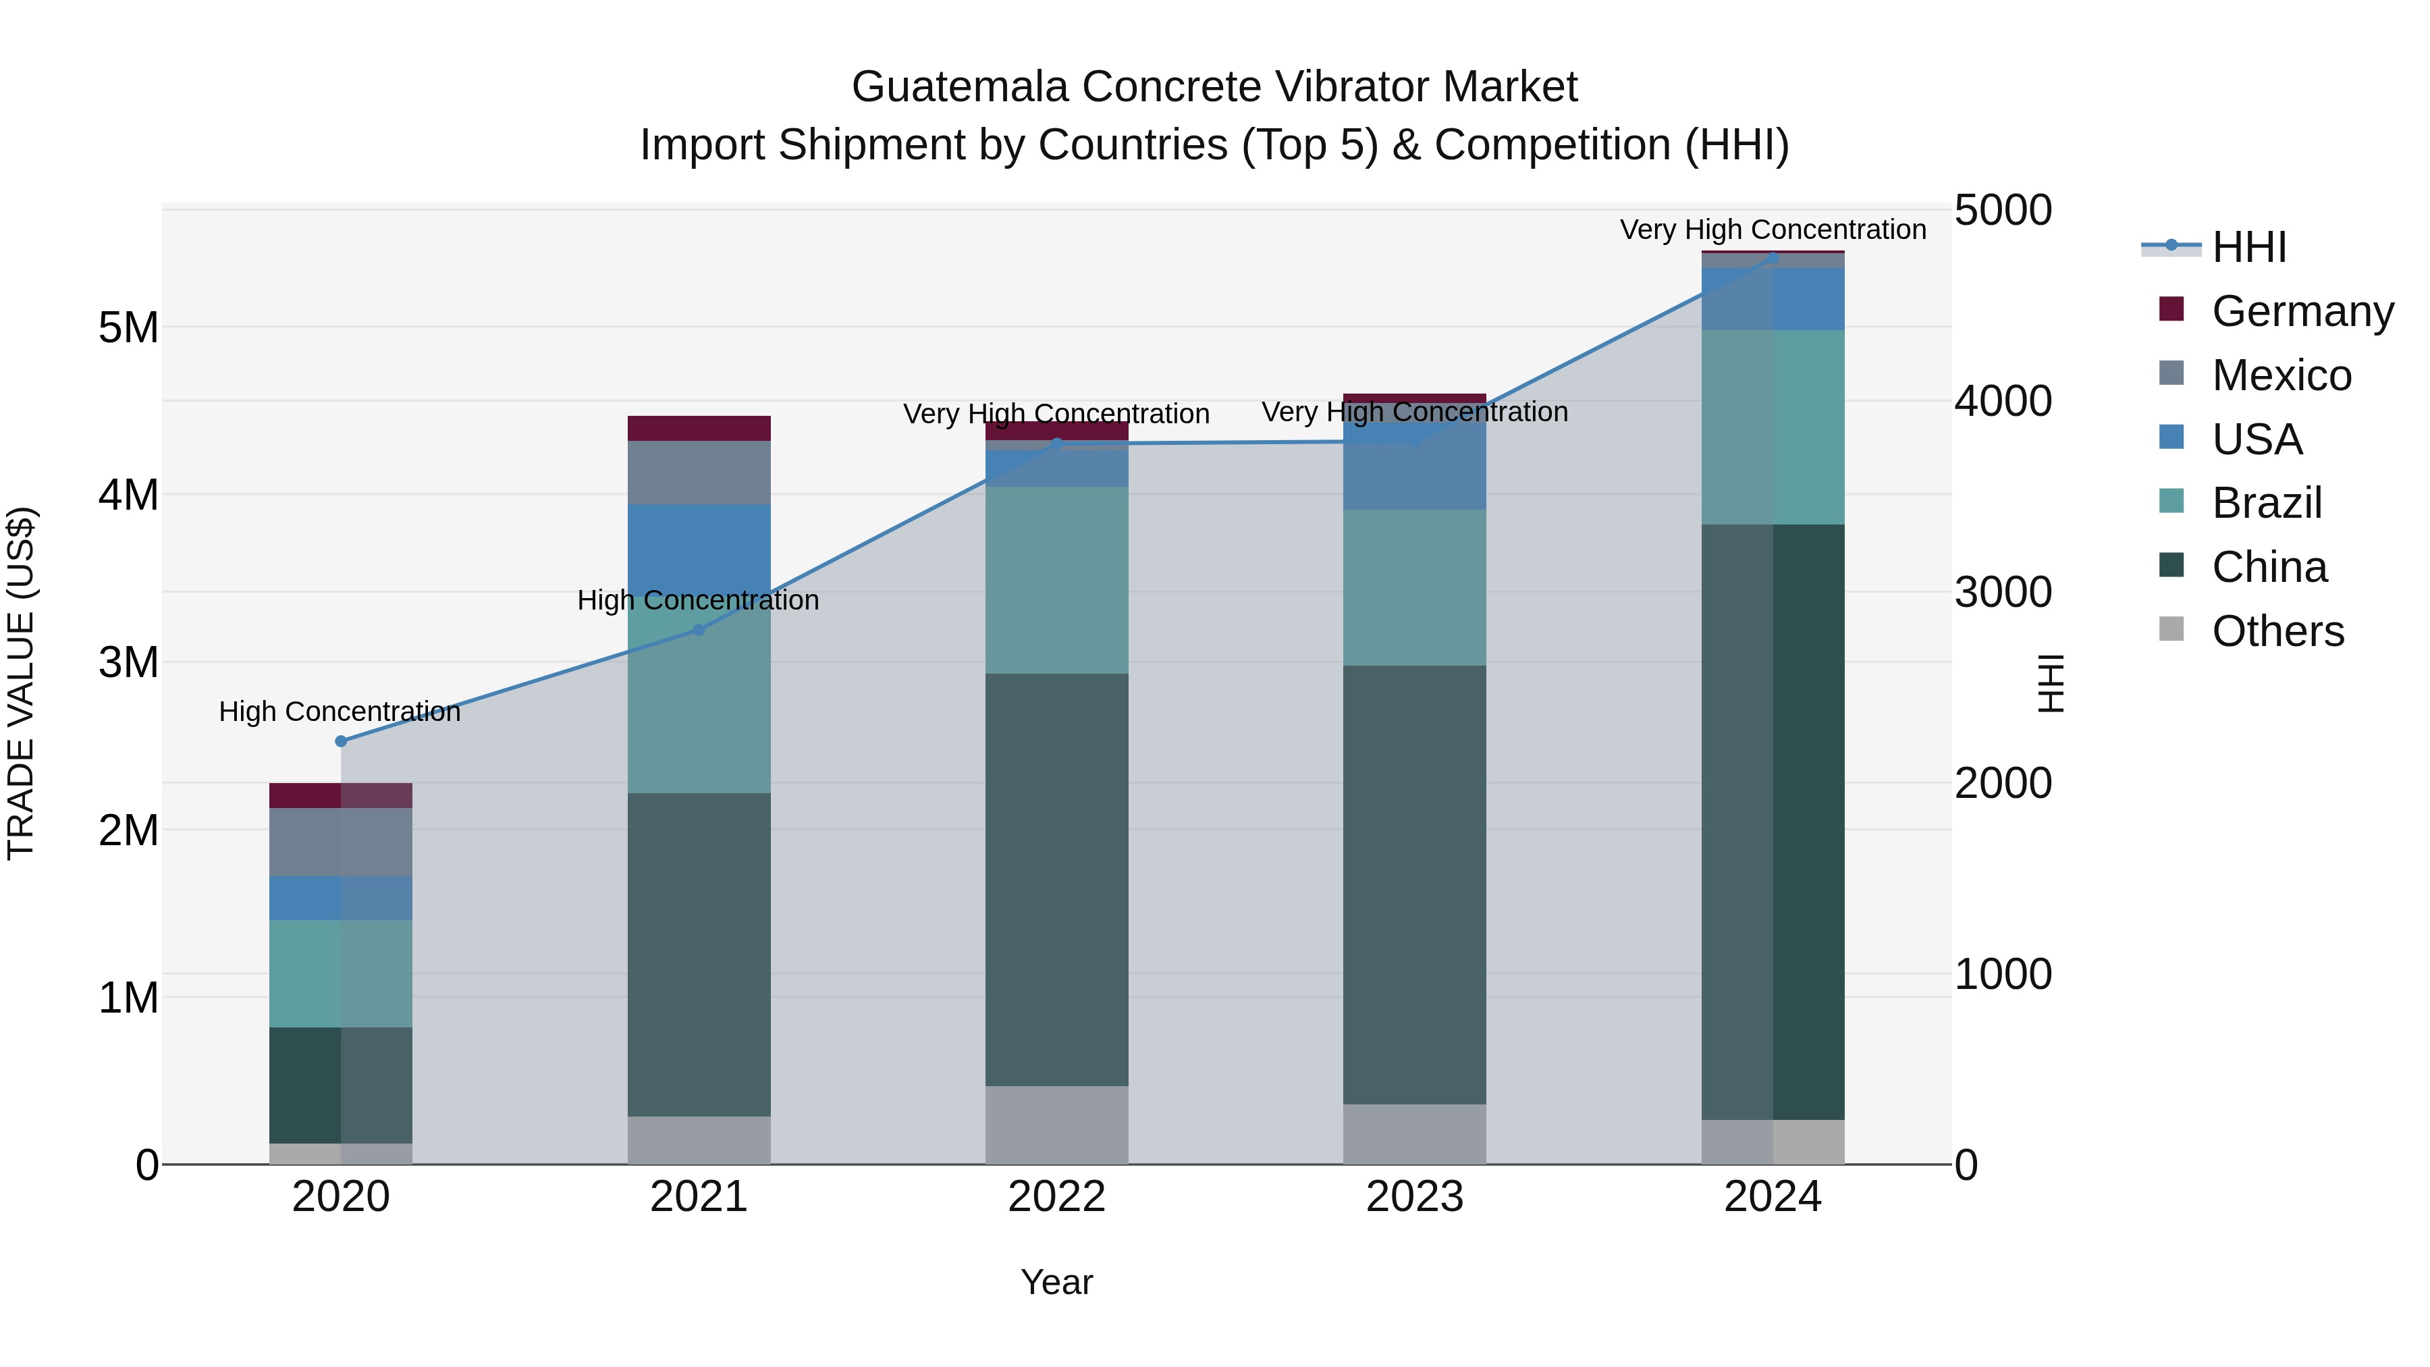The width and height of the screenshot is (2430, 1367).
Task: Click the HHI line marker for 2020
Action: click(341, 741)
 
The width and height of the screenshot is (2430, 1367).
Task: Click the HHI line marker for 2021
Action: click(699, 629)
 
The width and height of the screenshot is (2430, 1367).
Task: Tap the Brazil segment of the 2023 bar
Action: click(1414, 588)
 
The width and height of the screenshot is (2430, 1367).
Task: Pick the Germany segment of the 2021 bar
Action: click(699, 428)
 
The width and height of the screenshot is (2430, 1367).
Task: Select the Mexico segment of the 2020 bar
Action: click(341, 842)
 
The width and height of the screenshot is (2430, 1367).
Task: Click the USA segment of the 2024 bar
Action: click(1773, 299)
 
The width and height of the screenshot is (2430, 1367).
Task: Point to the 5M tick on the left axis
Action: click(129, 328)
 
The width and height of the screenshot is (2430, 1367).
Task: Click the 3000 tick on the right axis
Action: click(2003, 593)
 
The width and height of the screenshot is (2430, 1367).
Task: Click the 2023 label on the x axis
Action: click(1414, 1197)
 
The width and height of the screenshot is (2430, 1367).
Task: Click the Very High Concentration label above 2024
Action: click(1773, 230)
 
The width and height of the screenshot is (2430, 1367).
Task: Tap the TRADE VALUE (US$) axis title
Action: click(21, 683)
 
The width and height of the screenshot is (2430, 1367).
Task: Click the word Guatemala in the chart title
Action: click(961, 87)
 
